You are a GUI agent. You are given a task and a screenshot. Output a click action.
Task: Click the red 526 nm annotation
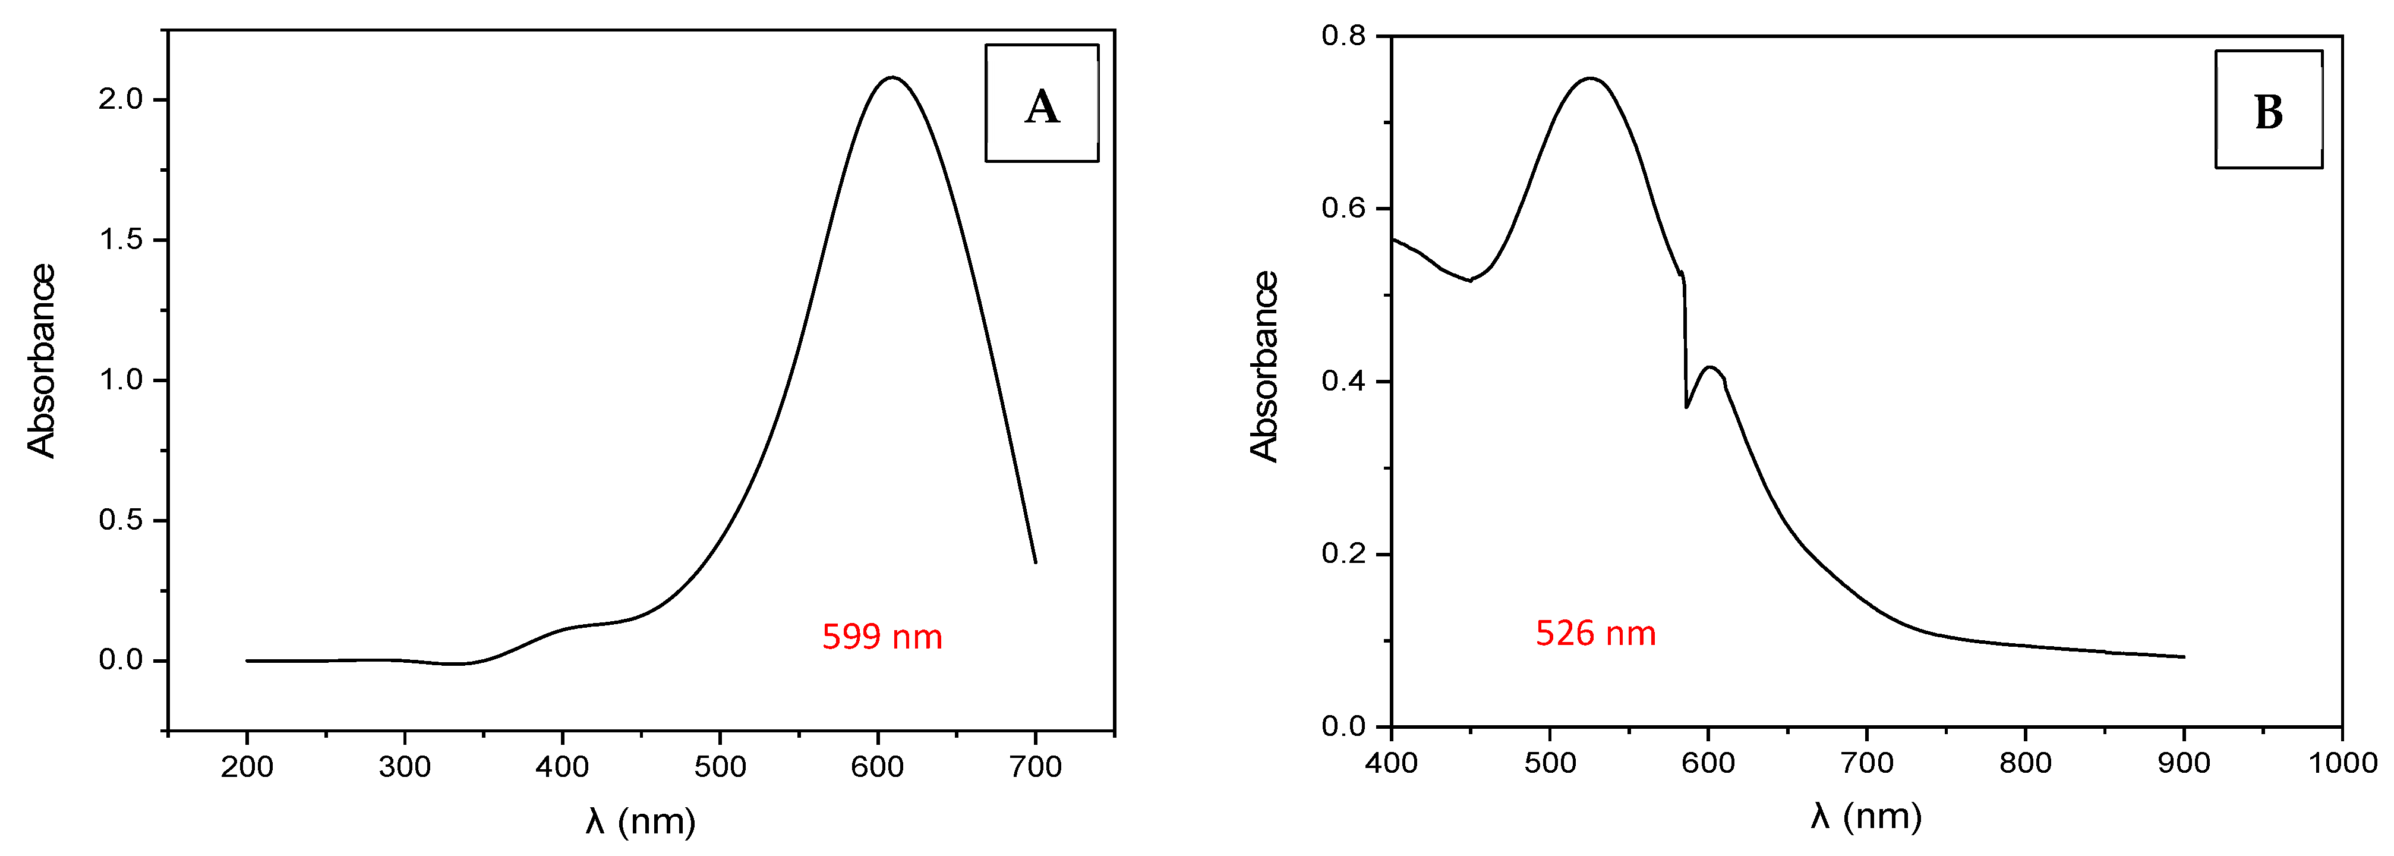point(1595,634)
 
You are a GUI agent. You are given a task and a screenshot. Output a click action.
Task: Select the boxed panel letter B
point(2269,112)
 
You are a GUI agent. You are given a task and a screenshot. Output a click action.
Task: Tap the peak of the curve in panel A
point(892,78)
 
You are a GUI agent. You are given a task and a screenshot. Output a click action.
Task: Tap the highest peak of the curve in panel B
point(1590,79)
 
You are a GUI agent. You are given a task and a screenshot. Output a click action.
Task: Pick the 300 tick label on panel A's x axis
point(404,767)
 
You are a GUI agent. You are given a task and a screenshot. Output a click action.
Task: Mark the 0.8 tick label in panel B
point(1344,36)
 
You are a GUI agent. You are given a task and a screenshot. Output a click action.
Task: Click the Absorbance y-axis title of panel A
point(42,361)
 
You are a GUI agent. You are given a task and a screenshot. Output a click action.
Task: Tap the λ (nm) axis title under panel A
point(641,822)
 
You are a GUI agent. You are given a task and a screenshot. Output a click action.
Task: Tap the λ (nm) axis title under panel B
point(1866,817)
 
